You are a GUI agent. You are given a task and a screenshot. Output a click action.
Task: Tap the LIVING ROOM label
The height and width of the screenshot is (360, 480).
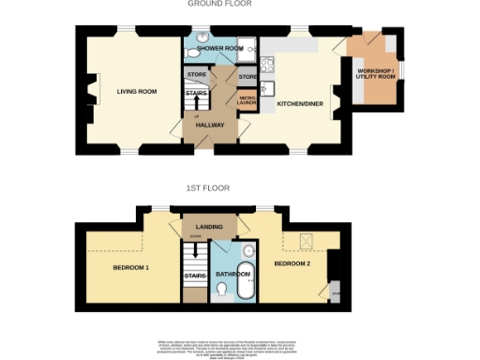coord(136,91)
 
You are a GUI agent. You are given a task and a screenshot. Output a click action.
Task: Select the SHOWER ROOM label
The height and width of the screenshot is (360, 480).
coord(220,48)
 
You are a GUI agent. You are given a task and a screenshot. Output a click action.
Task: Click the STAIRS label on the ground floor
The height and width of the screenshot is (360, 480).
coord(196,93)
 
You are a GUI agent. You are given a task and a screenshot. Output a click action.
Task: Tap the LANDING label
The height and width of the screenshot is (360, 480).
coord(208,227)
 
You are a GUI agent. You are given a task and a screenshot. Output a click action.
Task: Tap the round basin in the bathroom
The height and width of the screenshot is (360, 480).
coord(248,251)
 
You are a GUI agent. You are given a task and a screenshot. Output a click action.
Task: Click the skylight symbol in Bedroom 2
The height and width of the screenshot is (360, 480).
coord(307,240)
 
